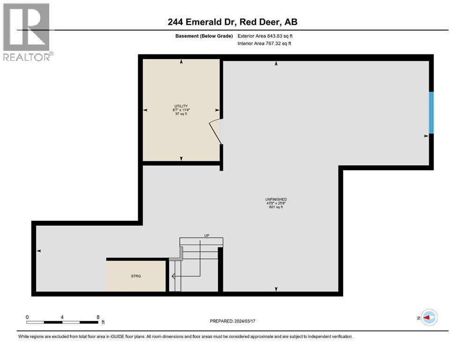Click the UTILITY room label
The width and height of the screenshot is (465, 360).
pos(181,106)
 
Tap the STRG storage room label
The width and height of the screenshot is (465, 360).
pos(136,276)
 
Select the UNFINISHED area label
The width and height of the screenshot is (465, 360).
pos(276,200)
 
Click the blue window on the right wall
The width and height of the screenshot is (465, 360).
pos(431,112)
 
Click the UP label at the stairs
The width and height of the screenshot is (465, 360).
pos(206,235)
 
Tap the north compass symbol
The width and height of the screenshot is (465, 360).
pos(428,318)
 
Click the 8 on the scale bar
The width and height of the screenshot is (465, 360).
pos(98,317)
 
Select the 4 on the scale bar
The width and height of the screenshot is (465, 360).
pos(62,317)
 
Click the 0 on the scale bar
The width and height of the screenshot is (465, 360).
pos(27,317)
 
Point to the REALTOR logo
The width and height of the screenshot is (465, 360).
pos(27,32)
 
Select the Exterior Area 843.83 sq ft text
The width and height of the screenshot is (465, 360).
pos(265,36)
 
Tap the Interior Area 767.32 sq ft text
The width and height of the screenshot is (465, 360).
pos(265,44)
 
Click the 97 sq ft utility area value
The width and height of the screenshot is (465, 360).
pos(181,114)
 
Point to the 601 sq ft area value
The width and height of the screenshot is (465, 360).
pos(276,207)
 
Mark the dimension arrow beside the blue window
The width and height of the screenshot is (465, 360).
pos(426,136)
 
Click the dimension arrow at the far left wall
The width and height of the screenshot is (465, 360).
pos(39,251)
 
